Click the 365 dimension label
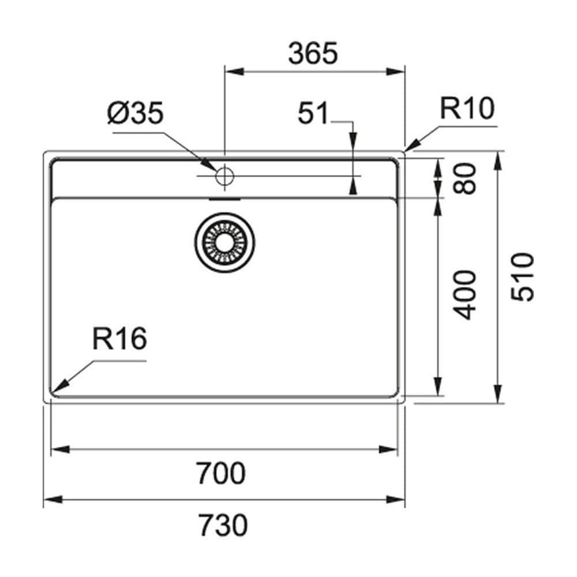click(313, 53)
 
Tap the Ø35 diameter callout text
click(135, 113)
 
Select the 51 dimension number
click(313, 113)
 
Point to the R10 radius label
click(467, 108)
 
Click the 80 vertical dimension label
click(464, 179)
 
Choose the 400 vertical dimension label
click(464, 295)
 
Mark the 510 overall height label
click(522, 277)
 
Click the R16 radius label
click(119, 339)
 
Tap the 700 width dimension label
click(220, 473)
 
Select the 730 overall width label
click(223, 525)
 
